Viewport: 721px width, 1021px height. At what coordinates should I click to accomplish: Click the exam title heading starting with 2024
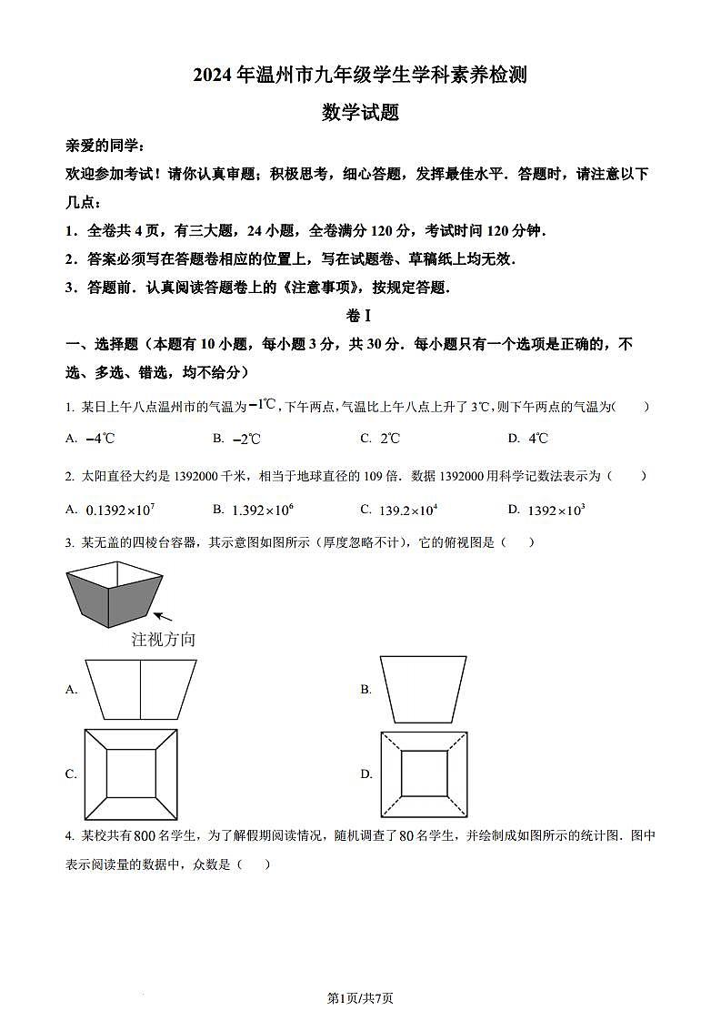pos(360,75)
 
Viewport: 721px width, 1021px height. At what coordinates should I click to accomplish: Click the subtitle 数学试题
pos(360,113)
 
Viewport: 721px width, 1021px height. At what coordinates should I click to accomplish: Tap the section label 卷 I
pos(360,316)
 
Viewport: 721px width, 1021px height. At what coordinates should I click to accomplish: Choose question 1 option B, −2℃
pos(246,439)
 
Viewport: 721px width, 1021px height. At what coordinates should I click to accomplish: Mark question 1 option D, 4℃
pos(538,439)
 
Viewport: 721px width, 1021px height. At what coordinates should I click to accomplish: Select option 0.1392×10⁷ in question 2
pos(119,510)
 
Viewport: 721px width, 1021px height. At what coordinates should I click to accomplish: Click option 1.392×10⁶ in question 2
pos(263,510)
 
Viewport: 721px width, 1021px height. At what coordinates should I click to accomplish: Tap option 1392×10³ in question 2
pos(556,510)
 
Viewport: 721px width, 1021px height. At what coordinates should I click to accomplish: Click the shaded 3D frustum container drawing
pos(114,595)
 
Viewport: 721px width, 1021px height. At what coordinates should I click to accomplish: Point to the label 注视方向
pos(164,639)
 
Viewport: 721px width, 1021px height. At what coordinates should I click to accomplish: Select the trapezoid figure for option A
pos(140,689)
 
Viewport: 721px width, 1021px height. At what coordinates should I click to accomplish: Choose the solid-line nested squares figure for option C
pos(131,773)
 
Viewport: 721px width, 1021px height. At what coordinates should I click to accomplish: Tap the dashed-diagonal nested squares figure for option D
pos(425,773)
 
